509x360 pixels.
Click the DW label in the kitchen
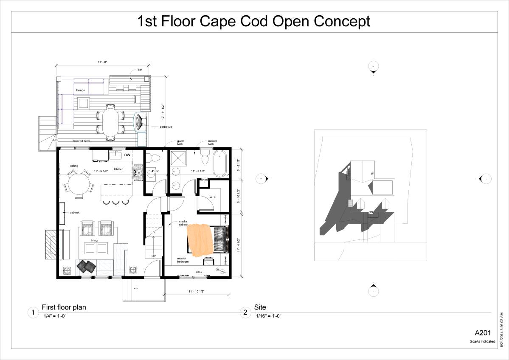coord(127,155)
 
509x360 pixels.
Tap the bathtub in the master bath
coord(220,163)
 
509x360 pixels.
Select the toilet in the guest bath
coord(155,158)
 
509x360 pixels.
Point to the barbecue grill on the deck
coord(141,122)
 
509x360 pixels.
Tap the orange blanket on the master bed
coord(200,239)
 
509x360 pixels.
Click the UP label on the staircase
coord(153,256)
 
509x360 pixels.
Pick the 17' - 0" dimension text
coord(102,62)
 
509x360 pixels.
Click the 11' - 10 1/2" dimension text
coord(197,291)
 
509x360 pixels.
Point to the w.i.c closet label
coord(213,197)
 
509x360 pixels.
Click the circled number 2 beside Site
coord(245,312)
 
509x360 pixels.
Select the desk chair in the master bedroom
coord(208,262)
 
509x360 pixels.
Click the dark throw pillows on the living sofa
coord(86,266)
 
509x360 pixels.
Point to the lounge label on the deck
coord(81,90)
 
